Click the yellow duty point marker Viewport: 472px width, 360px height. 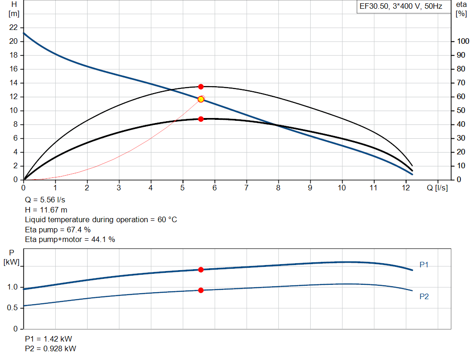pos(201,99)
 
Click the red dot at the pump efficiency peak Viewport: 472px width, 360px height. pos(201,87)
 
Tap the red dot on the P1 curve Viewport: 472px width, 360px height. pos(201,270)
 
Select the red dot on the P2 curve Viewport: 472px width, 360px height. pos(201,290)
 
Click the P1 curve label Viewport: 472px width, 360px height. pos(424,265)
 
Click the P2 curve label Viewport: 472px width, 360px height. pos(424,296)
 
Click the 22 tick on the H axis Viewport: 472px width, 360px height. pos(13,28)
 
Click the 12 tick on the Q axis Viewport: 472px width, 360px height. pos(405,188)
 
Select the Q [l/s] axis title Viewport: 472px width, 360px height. pos(437,188)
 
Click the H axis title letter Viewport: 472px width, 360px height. pos(13,4)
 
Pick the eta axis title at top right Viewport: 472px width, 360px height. pos(461,4)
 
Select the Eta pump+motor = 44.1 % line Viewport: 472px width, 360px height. pos(70,239)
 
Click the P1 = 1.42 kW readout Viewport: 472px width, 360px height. pos(48,338)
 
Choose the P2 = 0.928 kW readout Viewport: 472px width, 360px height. pos(51,348)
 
